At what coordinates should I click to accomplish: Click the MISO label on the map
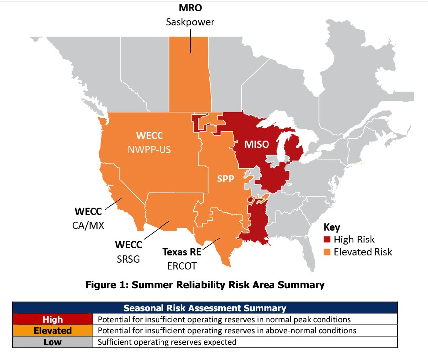pos(257,144)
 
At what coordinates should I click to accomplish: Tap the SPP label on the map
pos(226,179)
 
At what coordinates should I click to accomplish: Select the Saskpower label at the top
pos(190,22)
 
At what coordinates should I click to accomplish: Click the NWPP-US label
pos(149,150)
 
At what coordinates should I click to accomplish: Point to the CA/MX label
pos(88,225)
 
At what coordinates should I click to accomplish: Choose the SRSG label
pos(128,259)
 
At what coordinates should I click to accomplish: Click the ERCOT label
pos(182,266)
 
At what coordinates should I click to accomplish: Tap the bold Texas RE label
pos(182,252)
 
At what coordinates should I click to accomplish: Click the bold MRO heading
pos(190,8)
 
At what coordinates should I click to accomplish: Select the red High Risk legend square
pos(327,240)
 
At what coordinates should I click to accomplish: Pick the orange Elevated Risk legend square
pos(327,252)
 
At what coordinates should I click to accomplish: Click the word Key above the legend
pos(332,227)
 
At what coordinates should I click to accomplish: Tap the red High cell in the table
pos(53,319)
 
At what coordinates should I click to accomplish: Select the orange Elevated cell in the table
pos(53,331)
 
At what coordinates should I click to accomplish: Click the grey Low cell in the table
pos(53,342)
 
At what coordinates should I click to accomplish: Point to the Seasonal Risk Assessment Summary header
pos(205,308)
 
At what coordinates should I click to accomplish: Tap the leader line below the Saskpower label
pos(190,41)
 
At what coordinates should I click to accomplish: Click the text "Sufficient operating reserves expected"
pos(167,342)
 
